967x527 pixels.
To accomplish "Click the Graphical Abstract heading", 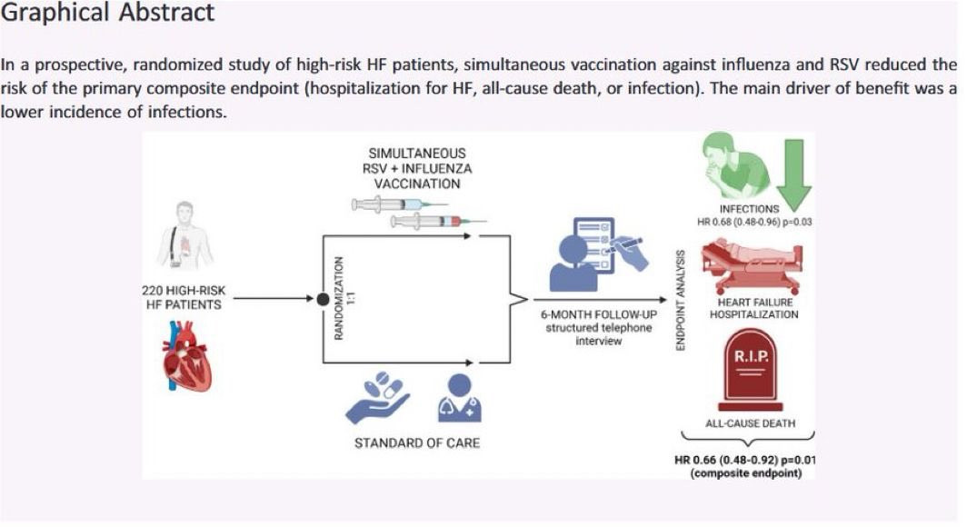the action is tap(107, 13).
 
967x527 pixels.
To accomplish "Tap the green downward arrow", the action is tap(793, 174).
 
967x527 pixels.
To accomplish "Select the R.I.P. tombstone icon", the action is tap(751, 370).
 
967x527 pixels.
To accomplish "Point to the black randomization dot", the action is tap(323, 300).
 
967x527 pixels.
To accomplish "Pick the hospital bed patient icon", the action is tap(753, 267).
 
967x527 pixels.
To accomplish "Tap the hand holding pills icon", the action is tap(377, 397).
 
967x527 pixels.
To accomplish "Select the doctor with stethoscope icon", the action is tap(460, 398).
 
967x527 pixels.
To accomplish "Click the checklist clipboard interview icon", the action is tap(598, 254).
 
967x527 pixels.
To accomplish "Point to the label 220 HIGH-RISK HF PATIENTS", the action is tap(184, 297).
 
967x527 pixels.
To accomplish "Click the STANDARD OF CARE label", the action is tap(417, 442).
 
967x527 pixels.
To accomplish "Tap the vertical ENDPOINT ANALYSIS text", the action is tap(680, 300).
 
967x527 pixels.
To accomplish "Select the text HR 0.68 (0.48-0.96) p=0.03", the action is tap(754, 222).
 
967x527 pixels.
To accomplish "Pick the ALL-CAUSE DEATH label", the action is tap(750, 423).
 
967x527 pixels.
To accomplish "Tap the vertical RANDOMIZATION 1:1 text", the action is tap(344, 298).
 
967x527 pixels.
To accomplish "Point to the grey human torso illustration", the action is tap(184, 234).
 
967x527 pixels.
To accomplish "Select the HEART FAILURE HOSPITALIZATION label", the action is tap(754, 308).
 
